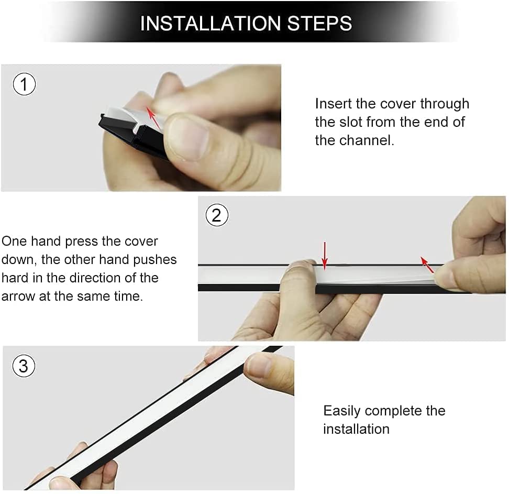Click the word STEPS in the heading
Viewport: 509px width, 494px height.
click(320, 24)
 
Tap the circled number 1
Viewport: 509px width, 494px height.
click(24, 84)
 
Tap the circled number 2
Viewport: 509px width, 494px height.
click(217, 215)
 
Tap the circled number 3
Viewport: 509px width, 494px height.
click(24, 366)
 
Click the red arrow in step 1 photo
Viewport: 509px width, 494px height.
click(153, 118)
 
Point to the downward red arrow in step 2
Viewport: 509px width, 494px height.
click(325, 256)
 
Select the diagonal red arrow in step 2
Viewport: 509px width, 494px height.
click(427, 265)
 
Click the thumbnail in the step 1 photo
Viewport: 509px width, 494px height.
click(189, 138)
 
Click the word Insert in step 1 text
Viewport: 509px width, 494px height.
click(334, 104)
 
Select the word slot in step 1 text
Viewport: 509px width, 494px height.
click(350, 122)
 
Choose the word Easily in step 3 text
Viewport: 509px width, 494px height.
click(342, 411)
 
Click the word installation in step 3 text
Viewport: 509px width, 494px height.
click(356, 430)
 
